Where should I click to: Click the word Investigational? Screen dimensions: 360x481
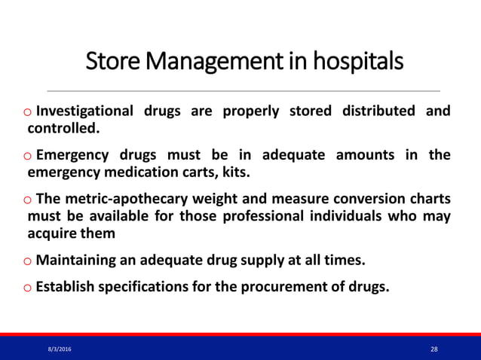coord(84,111)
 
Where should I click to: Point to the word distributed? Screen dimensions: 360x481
coord(376,111)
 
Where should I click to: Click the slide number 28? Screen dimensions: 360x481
coord(434,349)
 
